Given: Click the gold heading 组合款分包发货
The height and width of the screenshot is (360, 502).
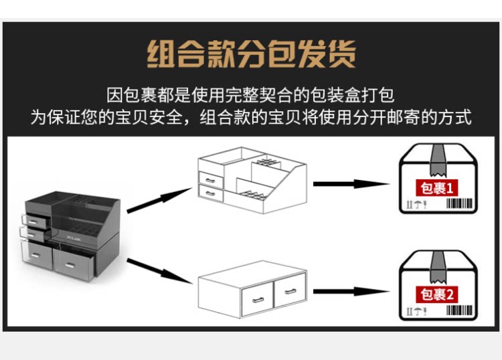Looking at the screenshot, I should coord(251,54).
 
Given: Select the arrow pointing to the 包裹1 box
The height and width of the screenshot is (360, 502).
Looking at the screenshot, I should coord(351,184).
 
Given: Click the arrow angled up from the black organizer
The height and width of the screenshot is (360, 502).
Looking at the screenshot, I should coord(158,200).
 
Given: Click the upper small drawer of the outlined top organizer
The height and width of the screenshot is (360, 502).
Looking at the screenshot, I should coord(212,179).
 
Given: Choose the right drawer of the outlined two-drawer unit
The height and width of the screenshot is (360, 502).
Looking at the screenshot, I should coord(289,292).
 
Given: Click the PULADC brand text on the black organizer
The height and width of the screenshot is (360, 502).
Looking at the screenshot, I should coord(74,236).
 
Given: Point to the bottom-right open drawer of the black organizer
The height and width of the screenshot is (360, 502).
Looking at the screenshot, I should coord(78,261).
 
